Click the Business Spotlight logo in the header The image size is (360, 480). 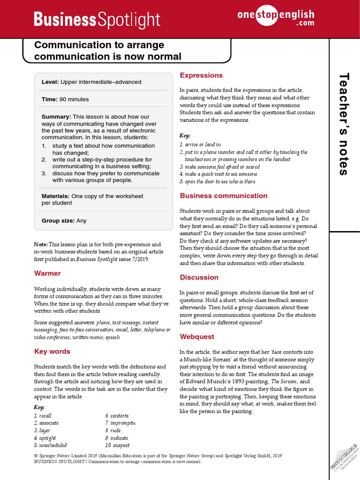pos(97,20)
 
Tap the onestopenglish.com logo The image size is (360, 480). pos(276,17)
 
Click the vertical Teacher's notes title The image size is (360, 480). pos(344,124)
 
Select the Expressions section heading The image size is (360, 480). pos(201,75)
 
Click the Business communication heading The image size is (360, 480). pos(224,196)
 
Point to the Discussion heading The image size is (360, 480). pos(199,277)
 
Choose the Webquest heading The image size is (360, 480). pos(197,337)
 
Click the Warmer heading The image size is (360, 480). pos(47,273)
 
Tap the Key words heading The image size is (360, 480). pos(52,352)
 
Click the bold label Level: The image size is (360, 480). pos(50,82)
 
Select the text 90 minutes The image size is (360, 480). pos(74,99)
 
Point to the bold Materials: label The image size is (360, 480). pos(56,196)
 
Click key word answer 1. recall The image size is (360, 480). pos(43,416)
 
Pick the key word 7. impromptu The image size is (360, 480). pos(120,423)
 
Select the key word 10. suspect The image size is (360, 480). pos(117,445)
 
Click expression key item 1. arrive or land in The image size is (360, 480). pos(200,145)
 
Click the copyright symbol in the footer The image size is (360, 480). pos(36,456)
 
